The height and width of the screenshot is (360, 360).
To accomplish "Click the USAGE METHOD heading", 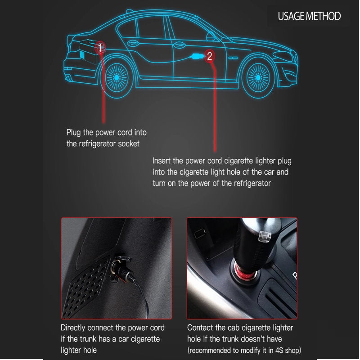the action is (x=309, y=16).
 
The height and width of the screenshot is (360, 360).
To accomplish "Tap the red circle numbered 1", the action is (x=100, y=48).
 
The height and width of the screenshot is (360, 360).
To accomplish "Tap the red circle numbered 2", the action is (x=209, y=56).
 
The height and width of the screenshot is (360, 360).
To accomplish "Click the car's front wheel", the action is (x=258, y=77).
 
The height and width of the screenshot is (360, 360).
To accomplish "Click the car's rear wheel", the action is (x=117, y=77).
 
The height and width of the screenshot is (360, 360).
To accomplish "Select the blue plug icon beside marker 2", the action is (x=197, y=56).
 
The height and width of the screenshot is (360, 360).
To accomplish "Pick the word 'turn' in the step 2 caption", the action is (x=159, y=184).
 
